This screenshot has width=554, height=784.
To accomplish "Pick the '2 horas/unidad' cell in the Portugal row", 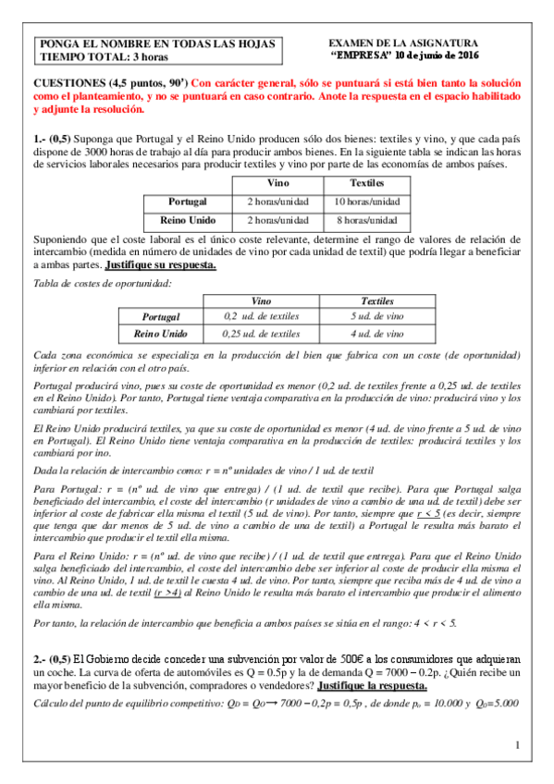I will point(277,201).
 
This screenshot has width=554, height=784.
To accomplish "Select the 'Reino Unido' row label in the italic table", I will point(160,333).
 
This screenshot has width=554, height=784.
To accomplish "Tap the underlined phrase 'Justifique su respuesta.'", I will point(161,264).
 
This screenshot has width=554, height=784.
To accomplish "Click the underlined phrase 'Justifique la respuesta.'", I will point(372,686).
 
